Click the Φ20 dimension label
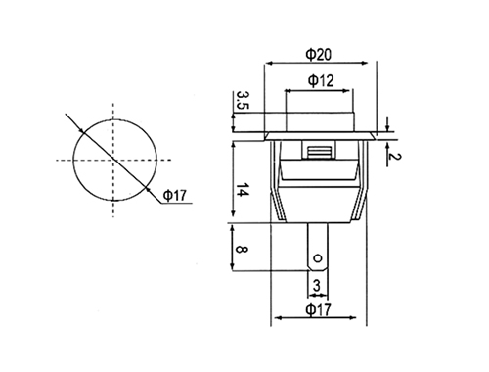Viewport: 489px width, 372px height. [318, 54]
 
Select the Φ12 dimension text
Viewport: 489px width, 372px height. [321, 80]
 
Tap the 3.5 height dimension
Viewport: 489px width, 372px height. [243, 100]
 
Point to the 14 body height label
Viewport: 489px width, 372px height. [243, 190]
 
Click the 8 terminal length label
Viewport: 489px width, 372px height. [243, 250]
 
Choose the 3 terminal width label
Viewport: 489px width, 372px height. [317, 286]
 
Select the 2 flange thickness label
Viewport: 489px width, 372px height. [395, 157]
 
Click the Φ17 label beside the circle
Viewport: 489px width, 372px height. [174, 196]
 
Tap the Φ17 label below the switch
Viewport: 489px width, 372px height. [318, 309]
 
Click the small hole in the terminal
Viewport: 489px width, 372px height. [317, 258]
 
